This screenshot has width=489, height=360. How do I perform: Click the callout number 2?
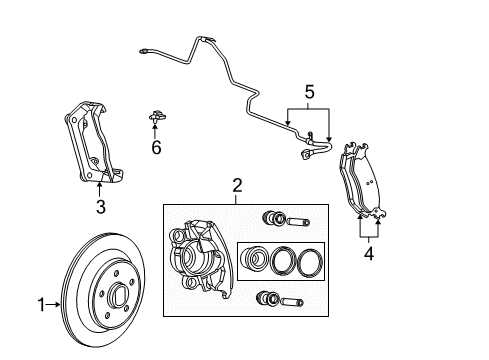(x=237, y=184)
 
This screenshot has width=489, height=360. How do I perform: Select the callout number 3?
(x=100, y=208)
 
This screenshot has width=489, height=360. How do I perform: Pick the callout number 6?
(x=156, y=147)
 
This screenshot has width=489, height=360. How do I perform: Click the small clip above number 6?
(x=155, y=120)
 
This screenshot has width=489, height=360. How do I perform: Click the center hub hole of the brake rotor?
(x=117, y=297)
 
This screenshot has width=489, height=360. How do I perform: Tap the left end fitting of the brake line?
(x=148, y=48)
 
